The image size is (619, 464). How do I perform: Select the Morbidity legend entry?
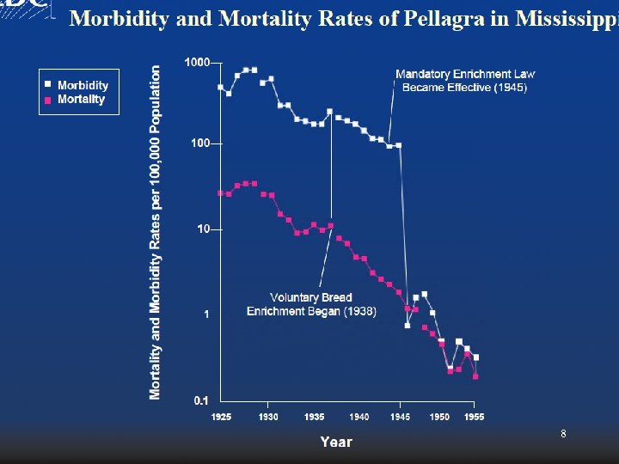click(x=82, y=85)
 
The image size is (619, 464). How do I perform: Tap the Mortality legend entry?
click(x=80, y=100)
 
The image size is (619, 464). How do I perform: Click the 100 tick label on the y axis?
click(x=200, y=143)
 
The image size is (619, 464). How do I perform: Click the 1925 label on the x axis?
click(x=221, y=417)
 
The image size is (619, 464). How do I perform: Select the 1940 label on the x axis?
click(x=359, y=417)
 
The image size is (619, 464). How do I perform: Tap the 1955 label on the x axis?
click(x=474, y=417)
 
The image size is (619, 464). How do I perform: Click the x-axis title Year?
click(x=335, y=442)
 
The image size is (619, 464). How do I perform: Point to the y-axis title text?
click(x=156, y=232)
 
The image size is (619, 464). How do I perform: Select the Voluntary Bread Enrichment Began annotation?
click(x=311, y=304)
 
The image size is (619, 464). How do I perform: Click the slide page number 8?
click(x=563, y=435)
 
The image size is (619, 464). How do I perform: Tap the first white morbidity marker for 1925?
click(x=221, y=87)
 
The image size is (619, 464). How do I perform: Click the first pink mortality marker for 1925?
click(x=221, y=193)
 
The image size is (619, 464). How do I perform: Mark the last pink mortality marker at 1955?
click(x=475, y=376)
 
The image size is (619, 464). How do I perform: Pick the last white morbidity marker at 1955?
click(x=476, y=357)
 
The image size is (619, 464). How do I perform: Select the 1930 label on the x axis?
click(x=267, y=417)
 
